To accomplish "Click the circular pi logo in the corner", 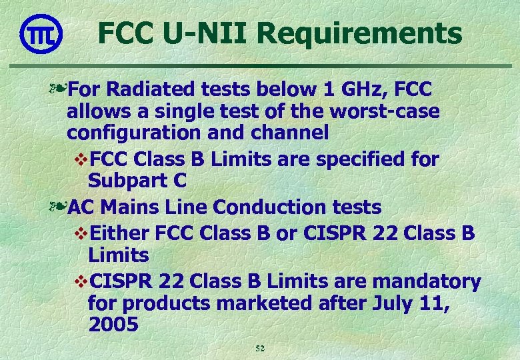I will [41, 33].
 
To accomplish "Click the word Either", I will [118, 233].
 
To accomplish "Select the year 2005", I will [113, 325].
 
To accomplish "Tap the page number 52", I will [261, 349].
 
